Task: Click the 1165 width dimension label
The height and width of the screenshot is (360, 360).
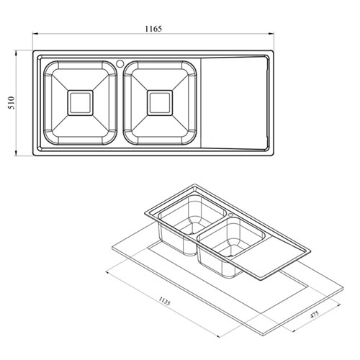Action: tap(153, 29)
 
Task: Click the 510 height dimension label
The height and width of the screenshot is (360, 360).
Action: tap(12, 103)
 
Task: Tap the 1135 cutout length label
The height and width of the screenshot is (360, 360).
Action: tap(164, 301)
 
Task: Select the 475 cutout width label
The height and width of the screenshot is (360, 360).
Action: tap(314, 315)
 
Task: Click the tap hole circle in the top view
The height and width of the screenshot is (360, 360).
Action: tap(120, 63)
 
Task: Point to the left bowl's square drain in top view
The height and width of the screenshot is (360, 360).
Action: tap(80, 103)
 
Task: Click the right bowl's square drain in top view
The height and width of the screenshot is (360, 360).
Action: tap(160, 103)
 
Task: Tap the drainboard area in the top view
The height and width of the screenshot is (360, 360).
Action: tap(234, 103)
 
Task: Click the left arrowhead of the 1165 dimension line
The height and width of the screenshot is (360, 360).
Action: tap(35, 34)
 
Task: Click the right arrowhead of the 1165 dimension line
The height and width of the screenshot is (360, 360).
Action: tap(271, 34)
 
